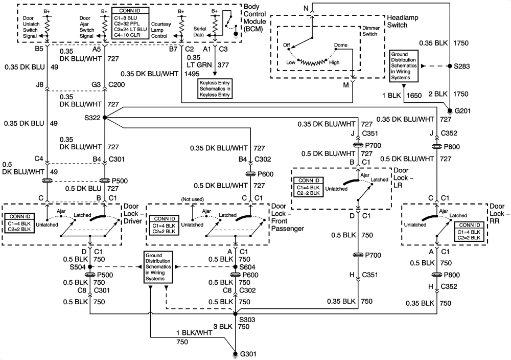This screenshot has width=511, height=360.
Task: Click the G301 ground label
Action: coord(249,354)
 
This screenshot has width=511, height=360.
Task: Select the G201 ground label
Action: coord(459,111)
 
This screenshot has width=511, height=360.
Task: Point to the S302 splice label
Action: coord(95,118)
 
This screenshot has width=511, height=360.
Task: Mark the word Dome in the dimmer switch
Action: coord(340,46)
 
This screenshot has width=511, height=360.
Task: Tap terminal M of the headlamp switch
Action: coord(346,85)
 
